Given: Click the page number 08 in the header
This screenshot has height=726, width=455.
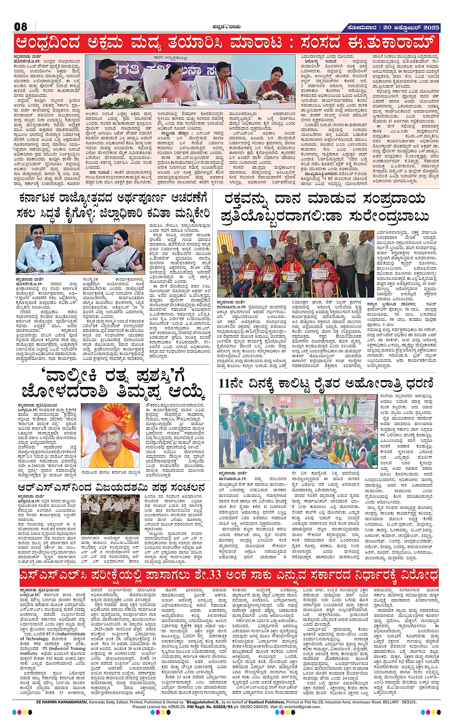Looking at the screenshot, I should click(x=20, y=27).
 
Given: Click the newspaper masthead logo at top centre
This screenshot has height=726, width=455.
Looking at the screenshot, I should click(x=227, y=27).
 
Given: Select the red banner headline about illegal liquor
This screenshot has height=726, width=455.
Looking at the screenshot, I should click(x=227, y=43).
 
